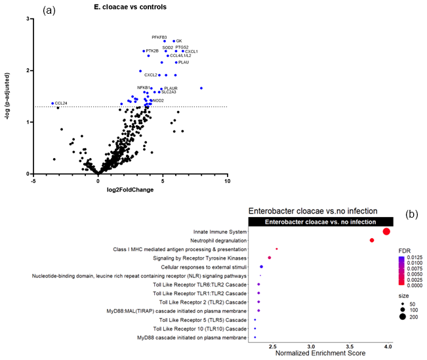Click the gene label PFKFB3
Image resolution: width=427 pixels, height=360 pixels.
point(159,37)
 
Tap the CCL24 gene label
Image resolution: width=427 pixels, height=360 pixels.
point(61,103)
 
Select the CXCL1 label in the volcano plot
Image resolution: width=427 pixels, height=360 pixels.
point(192,51)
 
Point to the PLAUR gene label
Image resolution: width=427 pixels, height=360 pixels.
point(171,88)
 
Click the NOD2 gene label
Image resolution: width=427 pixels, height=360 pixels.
point(157,100)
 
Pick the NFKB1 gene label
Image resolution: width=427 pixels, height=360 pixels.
point(144,87)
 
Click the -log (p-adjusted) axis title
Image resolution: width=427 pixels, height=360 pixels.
point(9,96)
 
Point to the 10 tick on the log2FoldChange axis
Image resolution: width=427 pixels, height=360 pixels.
point(227,181)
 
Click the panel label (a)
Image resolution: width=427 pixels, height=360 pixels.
point(49,11)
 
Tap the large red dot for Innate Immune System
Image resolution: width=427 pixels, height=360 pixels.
point(386,231)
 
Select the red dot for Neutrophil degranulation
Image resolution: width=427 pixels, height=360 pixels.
point(372,240)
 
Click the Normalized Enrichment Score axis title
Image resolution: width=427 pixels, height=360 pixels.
point(320,353)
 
